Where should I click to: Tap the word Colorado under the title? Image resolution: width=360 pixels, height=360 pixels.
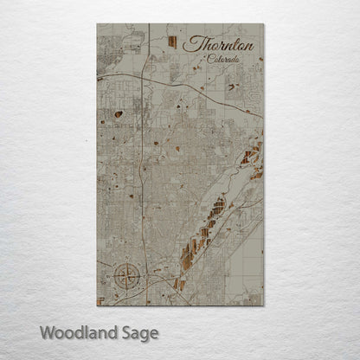[x=223, y=60]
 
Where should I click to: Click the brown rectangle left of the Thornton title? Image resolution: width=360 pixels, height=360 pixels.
[x=173, y=42]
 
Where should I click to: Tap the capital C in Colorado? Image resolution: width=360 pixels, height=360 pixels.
[x=209, y=59]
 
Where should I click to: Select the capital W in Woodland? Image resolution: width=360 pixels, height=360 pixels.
[x=48, y=331]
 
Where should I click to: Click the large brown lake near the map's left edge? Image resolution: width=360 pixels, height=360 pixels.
[x=117, y=112]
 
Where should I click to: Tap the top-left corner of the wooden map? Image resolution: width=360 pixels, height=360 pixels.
[x=97, y=23]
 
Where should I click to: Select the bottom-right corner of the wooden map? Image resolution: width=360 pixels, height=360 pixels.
[x=263, y=305]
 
